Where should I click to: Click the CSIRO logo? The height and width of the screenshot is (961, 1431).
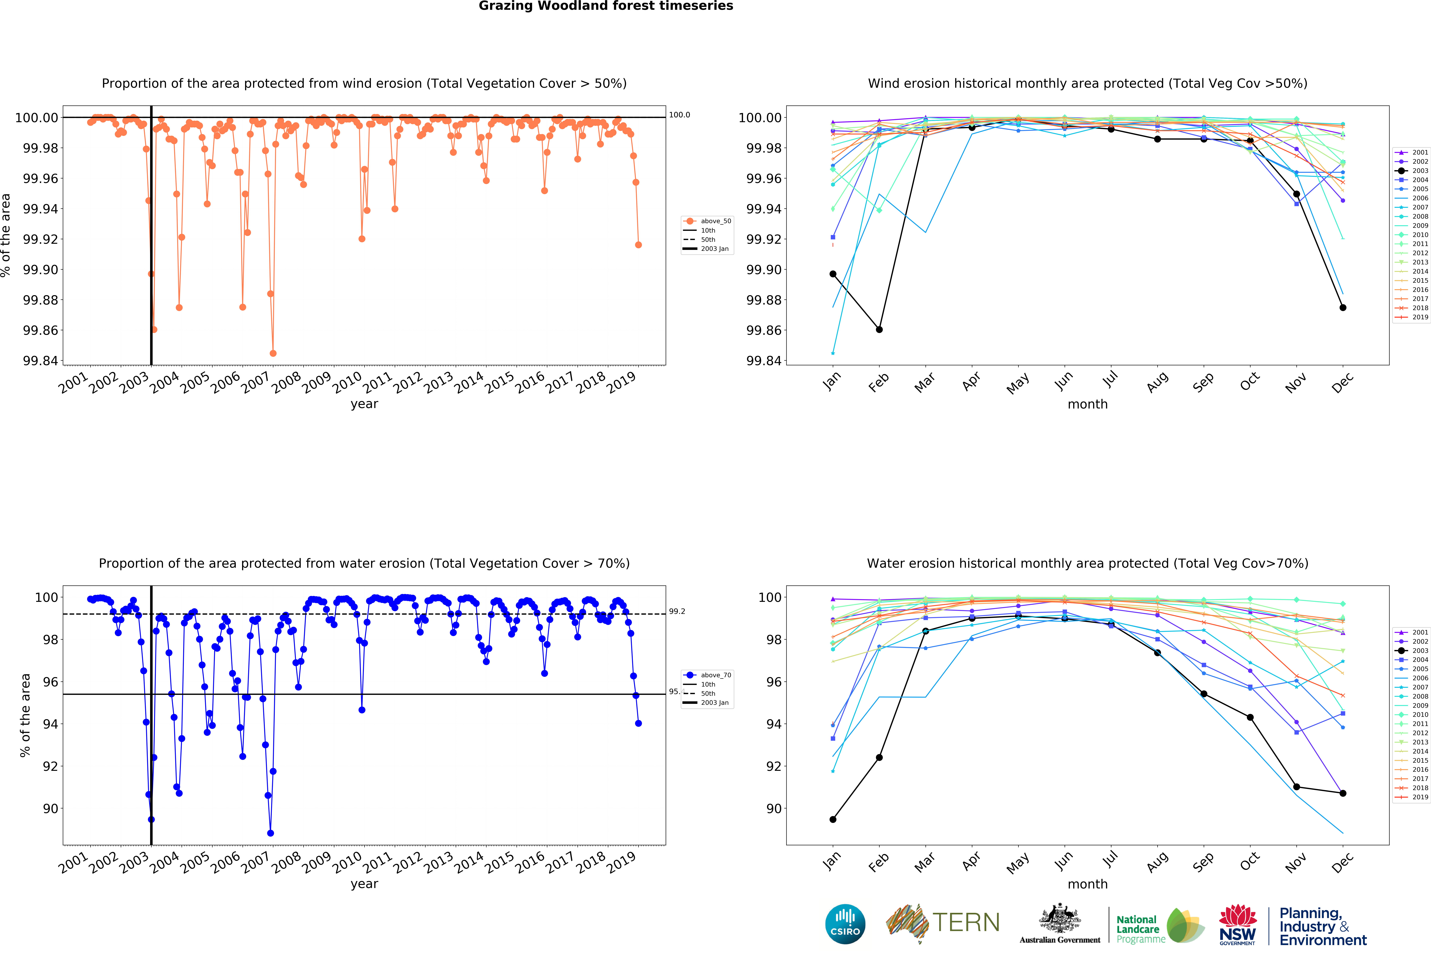845,924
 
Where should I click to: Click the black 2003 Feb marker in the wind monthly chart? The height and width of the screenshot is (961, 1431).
879,330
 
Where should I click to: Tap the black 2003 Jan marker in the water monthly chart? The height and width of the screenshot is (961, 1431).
833,819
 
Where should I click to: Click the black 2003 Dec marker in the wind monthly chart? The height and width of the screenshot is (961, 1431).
1343,308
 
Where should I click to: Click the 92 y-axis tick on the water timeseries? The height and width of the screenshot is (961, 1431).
50,766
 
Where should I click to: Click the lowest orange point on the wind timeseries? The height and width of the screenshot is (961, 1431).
273,354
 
